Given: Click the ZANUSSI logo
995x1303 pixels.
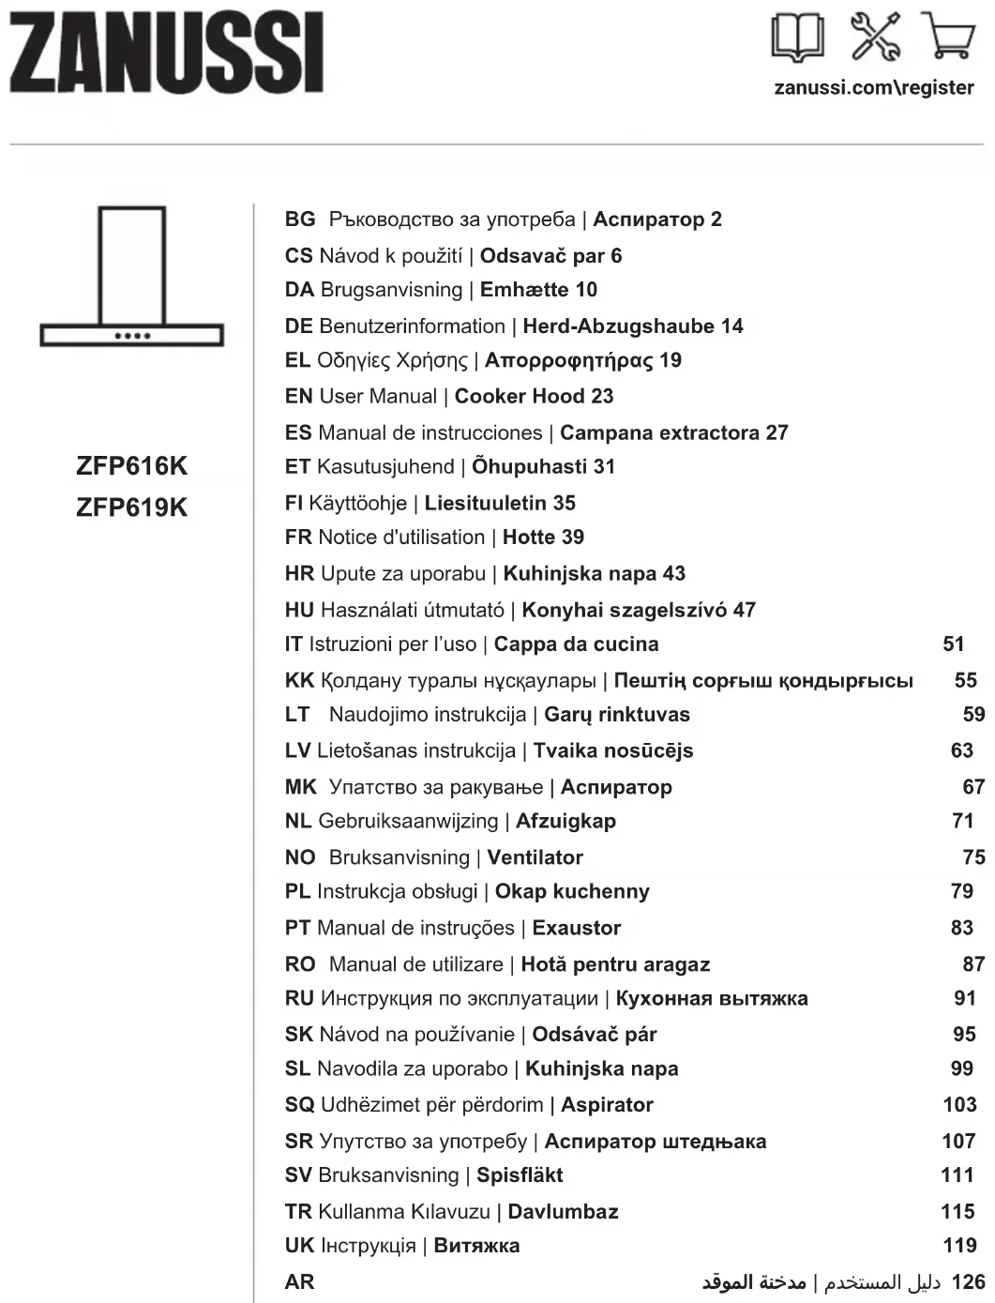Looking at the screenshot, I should (167, 53).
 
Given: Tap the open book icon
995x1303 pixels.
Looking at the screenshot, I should (798, 38).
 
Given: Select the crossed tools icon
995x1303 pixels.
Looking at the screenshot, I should (874, 38).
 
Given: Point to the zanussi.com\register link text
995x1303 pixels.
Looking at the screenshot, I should (873, 87).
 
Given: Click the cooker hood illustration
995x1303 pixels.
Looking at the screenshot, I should (131, 277).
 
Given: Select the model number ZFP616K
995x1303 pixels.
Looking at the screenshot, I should (131, 466).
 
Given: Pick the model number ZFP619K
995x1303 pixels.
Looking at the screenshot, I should (131, 508).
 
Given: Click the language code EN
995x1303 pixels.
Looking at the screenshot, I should (298, 397).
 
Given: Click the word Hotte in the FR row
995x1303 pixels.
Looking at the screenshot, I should (528, 538).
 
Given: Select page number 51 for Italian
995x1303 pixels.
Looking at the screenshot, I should (953, 644).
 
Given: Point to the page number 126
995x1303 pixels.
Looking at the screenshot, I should (968, 1282).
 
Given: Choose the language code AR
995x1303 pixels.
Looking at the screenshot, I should (299, 1282).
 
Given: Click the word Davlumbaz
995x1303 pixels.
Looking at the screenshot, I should (563, 1212).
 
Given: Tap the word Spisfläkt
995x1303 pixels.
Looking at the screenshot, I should (520, 1175).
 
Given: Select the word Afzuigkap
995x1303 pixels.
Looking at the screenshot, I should (565, 822).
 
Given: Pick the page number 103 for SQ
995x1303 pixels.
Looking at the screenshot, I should (959, 1105).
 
